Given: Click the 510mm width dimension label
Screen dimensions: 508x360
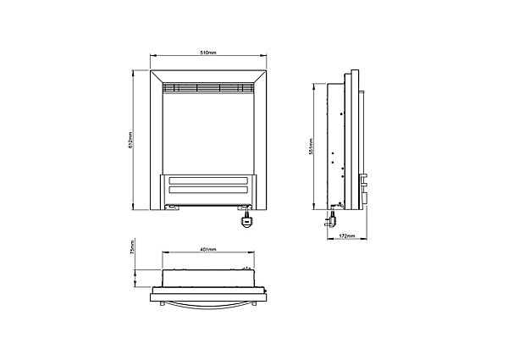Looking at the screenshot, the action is (207, 53).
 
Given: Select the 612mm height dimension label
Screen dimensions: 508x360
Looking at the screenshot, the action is (130, 140).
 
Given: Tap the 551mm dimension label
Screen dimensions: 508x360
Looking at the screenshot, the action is (311, 147).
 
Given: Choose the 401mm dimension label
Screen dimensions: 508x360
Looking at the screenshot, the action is (208, 249).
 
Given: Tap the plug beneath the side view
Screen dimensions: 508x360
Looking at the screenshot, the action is (330, 220).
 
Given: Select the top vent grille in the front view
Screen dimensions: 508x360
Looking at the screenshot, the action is (208, 87).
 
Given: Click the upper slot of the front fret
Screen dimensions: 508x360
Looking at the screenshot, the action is (208, 180).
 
